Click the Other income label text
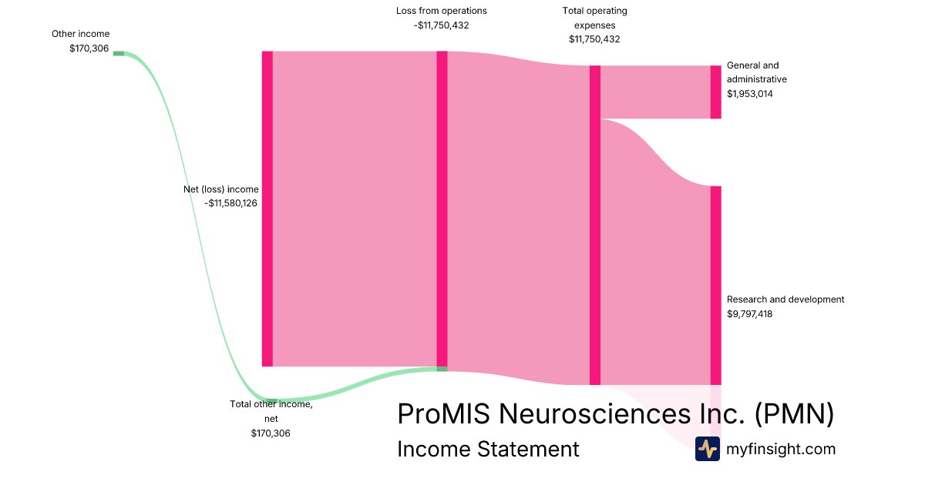click(x=80, y=34)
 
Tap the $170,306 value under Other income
click(x=89, y=48)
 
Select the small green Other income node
click(x=118, y=53)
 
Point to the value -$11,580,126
click(x=231, y=203)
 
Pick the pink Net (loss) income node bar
click(x=267, y=209)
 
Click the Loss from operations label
click(x=441, y=11)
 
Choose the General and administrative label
click(x=756, y=72)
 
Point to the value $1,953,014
click(x=749, y=93)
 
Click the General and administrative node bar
click(x=715, y=92)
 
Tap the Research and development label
click(x=785, y=299)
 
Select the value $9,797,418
click(x=749, y=313)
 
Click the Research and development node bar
click(x=715, y=285)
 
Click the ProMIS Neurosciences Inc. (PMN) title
click(x=615, y=414)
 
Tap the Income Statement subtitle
click(x=487, y=449)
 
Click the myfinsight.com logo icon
click(x=707, y=449)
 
